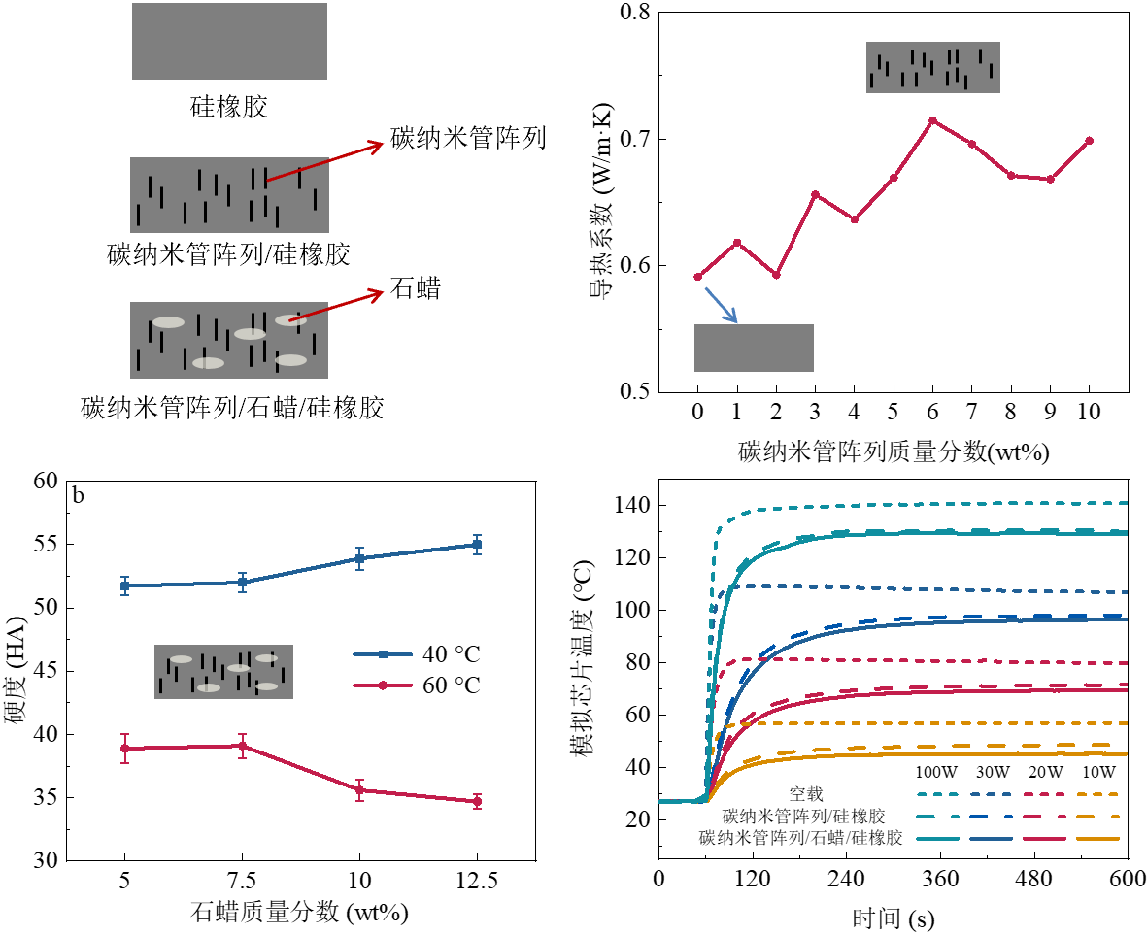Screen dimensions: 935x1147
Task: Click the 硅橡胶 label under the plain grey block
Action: (229, 107)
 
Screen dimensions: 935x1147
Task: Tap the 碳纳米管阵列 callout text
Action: (469, 138)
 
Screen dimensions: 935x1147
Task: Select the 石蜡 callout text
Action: (415, 287)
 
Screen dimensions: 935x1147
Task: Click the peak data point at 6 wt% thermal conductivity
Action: (932, 120)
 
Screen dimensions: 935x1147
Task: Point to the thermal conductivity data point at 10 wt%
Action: (1090, 141)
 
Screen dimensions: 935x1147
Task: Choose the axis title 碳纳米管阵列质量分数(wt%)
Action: (894, 451)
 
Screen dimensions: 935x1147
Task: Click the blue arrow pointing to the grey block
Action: (721, 304)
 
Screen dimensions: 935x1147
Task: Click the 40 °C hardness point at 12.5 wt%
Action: (477, 545)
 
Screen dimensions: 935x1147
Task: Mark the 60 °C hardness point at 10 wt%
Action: (359, 790)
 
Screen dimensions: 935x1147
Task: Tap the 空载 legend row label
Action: (806, 794)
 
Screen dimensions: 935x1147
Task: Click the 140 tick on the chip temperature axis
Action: (632, 505)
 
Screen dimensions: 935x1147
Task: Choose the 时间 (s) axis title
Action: (894, 918)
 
